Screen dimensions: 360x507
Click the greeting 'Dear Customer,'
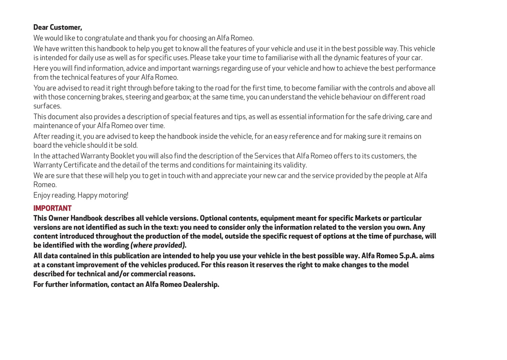pyautogui.click(x=58, y=27)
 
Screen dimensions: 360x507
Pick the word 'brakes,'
pyautogui.click(x=112, y=97)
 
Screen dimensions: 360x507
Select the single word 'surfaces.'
pyautogui.click(x=47, y=106)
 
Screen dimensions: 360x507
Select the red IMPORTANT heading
pyautogui.click(x=52, y=208)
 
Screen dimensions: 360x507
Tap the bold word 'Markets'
pyautogui.click(x=368, y=218)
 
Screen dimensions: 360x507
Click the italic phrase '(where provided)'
pyautogui.click(x=158, y=245)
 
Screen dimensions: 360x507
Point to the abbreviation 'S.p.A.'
pyautogui.click(x=408, y=256)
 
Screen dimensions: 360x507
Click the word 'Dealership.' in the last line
pyautogui.click(x=201, y=285)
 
